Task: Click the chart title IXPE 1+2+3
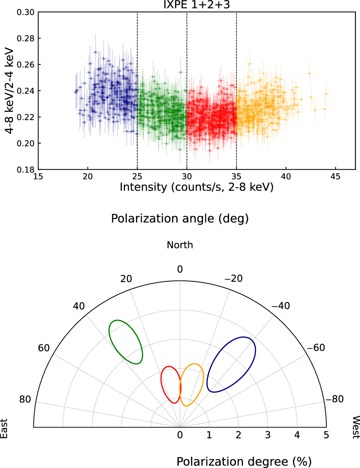(x=196, y=5)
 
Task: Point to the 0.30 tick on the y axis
(x=26, y=12)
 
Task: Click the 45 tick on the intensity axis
(x=335, y=177)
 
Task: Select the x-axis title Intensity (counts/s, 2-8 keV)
(x=196, y=187)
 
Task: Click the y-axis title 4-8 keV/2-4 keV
(x=10, y=91)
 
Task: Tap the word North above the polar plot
(x=180, y=245)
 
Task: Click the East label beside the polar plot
(x=4, y=428)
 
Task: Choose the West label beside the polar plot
(x=355, y=427)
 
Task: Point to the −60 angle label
(x=316, y=348)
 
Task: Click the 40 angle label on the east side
(x=79, y=306)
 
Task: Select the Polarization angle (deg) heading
(x=180, y=219)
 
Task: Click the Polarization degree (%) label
(x=244, y=462)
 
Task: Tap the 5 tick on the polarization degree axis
(x=326, y=435)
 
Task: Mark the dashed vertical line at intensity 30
(x=187, y=108)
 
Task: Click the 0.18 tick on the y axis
(x=26, y=170)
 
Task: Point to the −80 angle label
(x=334, y=399)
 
